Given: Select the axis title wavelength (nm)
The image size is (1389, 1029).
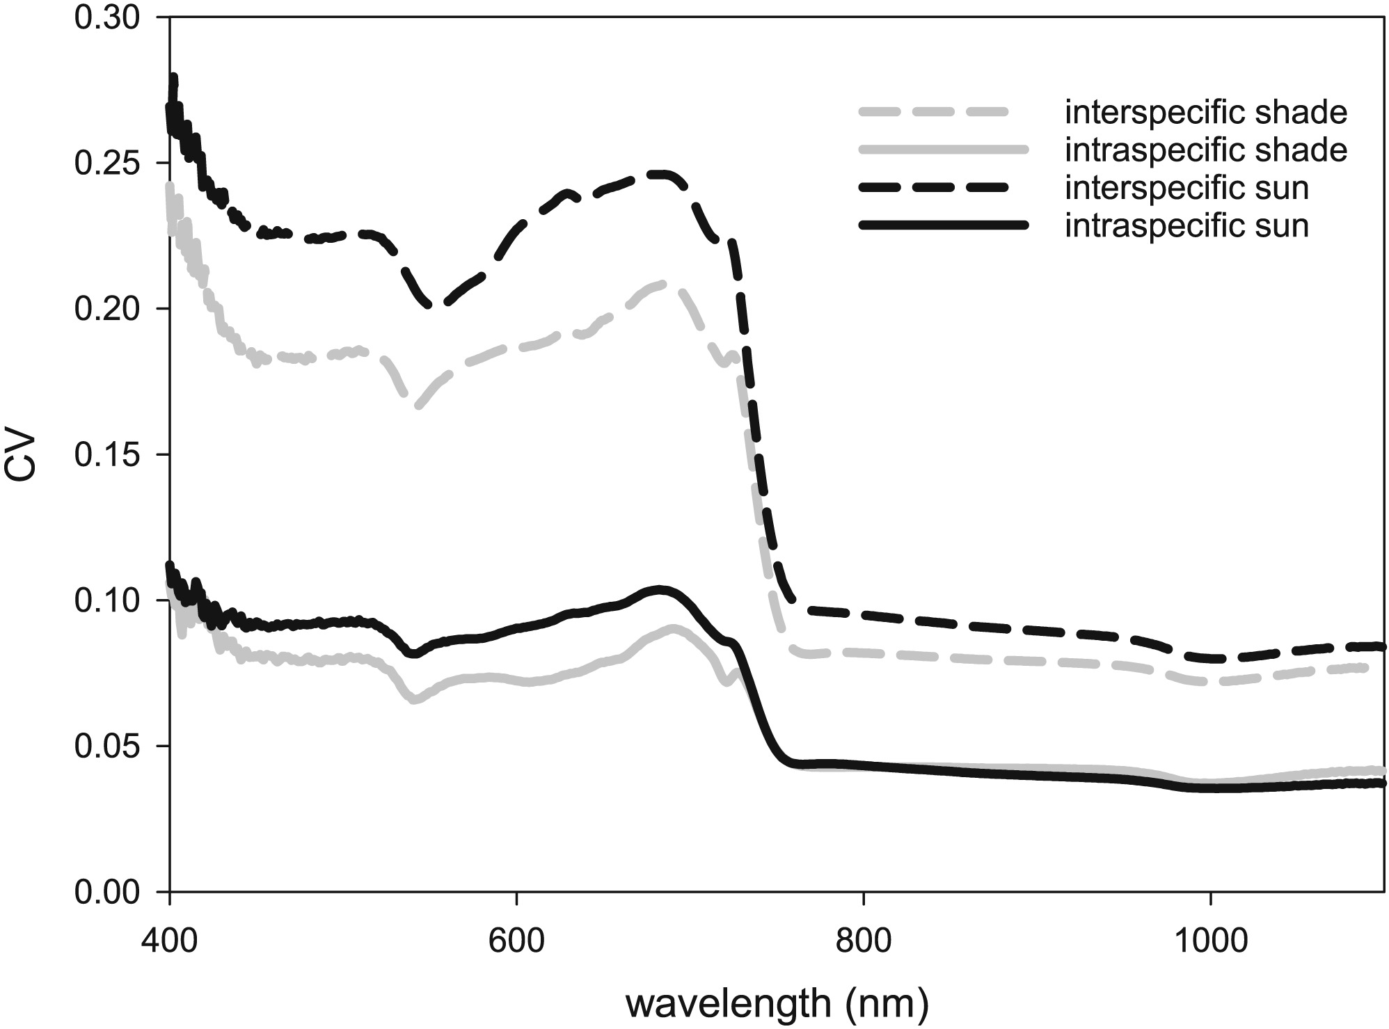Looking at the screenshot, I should pos(777,1004).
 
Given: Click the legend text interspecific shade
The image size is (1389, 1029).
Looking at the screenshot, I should pos(1206,113).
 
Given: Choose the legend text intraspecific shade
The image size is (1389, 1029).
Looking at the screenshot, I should pos(1206,150).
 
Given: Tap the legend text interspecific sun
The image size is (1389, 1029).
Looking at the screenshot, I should pos(1186,188).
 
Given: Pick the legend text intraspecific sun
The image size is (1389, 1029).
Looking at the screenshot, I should pos(1186,225).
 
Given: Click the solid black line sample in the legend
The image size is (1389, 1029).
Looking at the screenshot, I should pos(943,225).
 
